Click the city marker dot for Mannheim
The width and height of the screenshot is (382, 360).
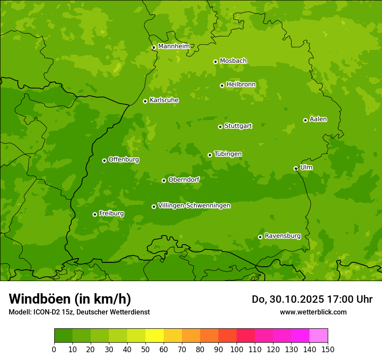click(x=154, y=48)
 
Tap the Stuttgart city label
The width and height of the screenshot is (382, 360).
click(x=238, y=126)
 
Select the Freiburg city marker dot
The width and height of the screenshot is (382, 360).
click(x=95, y=214)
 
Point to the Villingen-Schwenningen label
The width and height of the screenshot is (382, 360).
click(x=194, y=206)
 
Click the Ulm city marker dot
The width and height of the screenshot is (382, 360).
click(x=296, y=168)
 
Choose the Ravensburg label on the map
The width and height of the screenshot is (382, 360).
click(x=283, y=236)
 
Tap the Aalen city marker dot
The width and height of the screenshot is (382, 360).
click(x=305, y=120)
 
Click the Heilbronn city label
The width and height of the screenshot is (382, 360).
click(x=241, y=85)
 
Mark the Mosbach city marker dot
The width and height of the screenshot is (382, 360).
click(x=215, y=62)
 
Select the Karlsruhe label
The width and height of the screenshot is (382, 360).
click(x=164, y=100)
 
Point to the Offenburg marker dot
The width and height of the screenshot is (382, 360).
click(x=104, y=160)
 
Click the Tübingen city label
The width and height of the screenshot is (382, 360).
click(x=228, y=154)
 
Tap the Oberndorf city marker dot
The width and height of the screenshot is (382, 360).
click(x=164, y=180)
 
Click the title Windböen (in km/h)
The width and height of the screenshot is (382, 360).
click(x=69, y=299)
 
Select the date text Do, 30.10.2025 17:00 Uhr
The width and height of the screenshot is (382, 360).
click(x=312, y=299)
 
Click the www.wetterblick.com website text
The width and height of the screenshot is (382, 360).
click(x=313, y=312)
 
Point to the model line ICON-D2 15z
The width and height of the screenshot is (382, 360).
click(x=79, y=312)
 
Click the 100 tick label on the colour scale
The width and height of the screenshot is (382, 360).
click(x=237, y=349)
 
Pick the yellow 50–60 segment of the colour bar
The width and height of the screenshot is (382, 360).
click(x=155, y=336)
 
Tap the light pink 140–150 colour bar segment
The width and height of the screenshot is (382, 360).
click(x=319, y=336)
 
